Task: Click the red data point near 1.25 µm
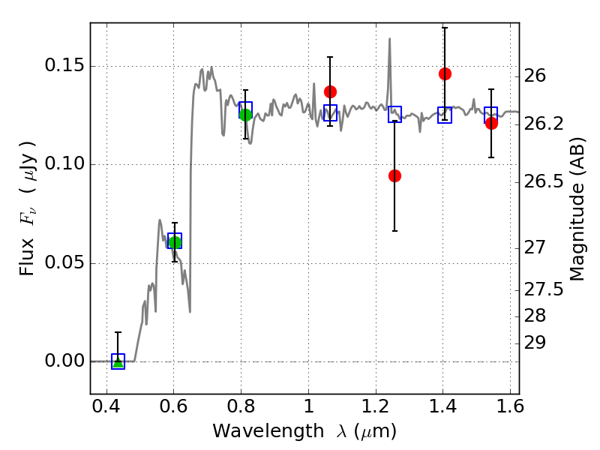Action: [x=394, y=175]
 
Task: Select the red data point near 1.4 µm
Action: [x=445, y=73]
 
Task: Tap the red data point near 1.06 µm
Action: [x=330, y=91]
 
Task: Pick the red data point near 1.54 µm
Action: [x=491, y=123]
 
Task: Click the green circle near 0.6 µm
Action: [x=175, y=242]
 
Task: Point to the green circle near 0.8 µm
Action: [x=246, y=115]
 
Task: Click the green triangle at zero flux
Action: [x=118, y=362]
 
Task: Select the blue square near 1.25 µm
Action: [x=394, y=115]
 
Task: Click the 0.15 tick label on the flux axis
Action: [x=64, y=65]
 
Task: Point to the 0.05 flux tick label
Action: [x=64, y=263]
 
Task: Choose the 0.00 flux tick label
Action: [x=64, y=361]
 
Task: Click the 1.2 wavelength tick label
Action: [x=376, y=406]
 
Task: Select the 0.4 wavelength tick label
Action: [x=106, y=406]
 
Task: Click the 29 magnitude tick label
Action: [x=535, y=343]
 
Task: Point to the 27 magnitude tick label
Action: [x=535, y=247]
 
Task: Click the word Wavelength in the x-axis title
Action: [x=268, y=431]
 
